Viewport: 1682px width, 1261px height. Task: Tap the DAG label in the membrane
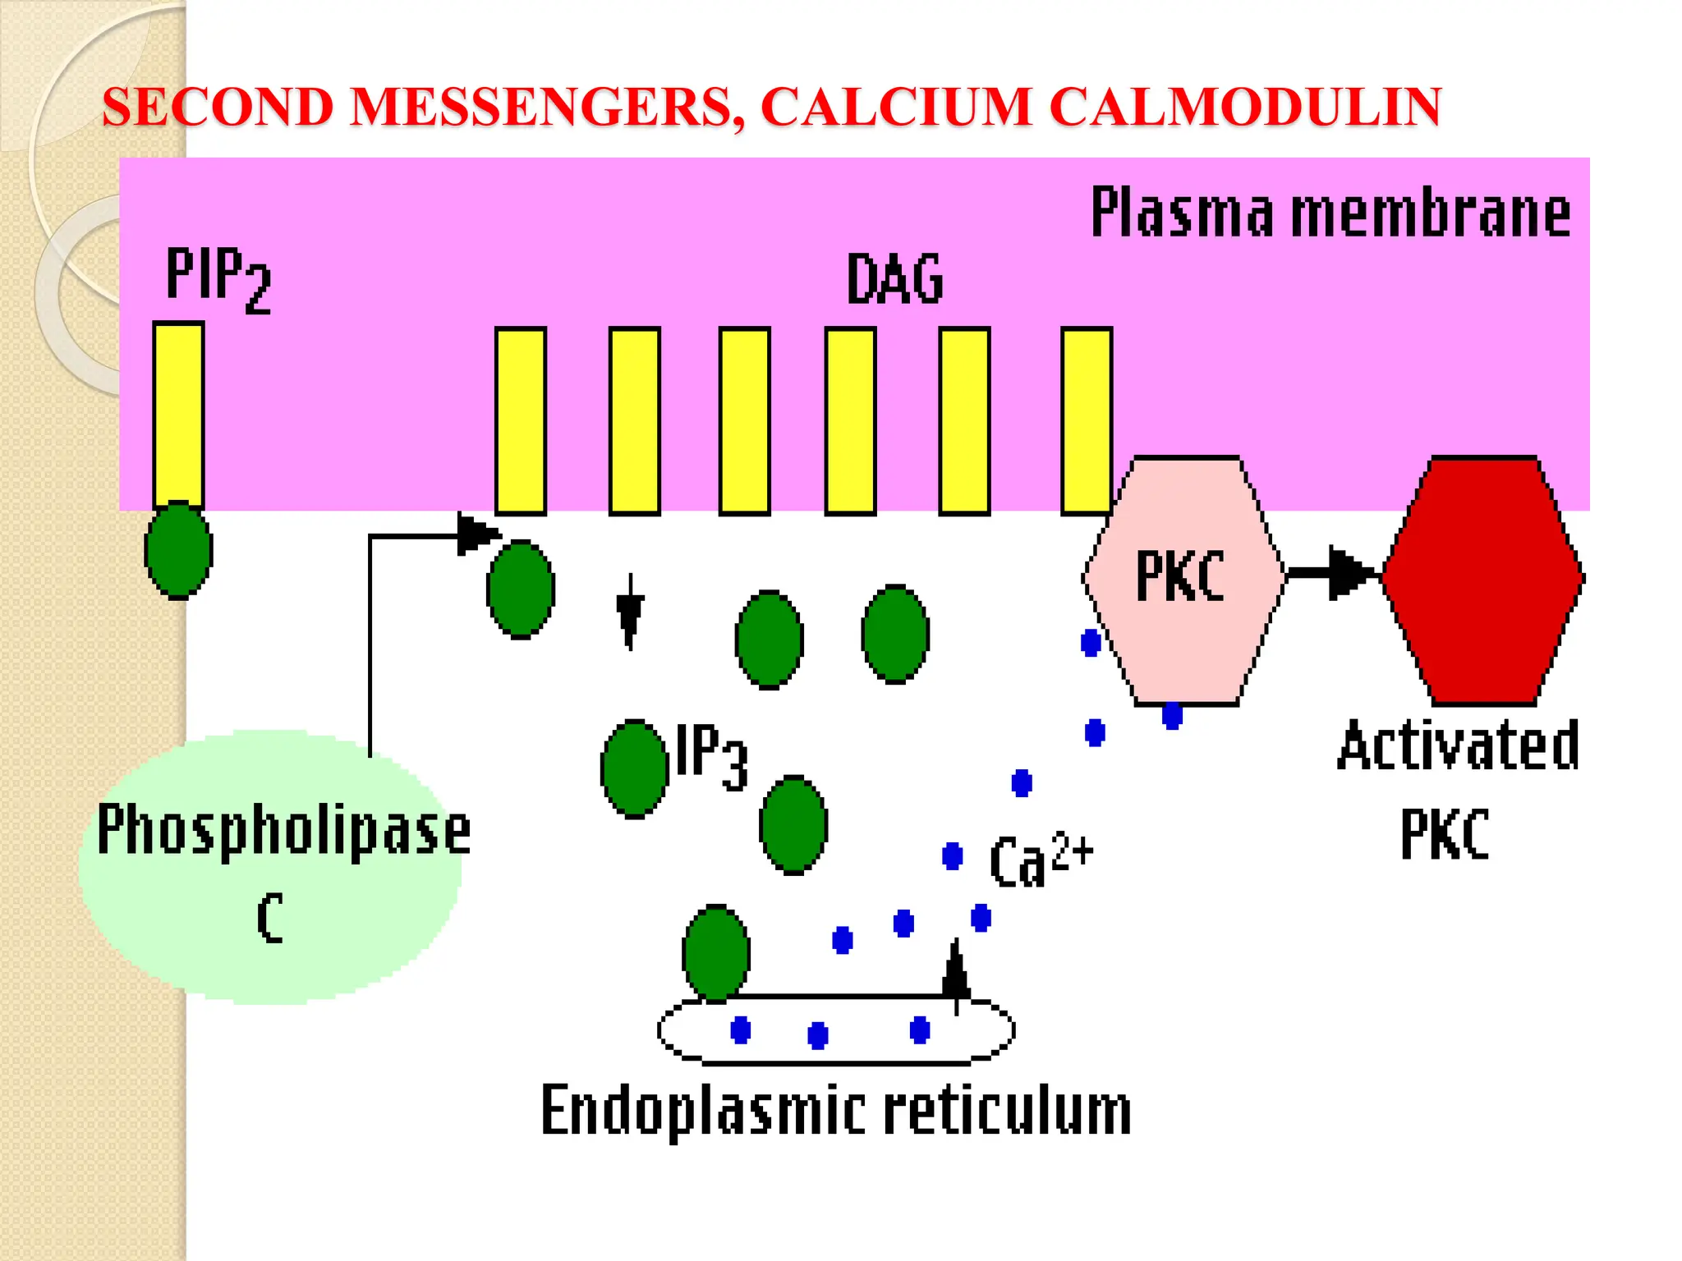[x=894, y=279]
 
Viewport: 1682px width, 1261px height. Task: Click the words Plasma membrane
[x=1330, y=213]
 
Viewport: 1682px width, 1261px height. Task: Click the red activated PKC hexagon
[x=1483, y=580]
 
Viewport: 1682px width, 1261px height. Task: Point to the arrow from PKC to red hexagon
[x=1335, y=572]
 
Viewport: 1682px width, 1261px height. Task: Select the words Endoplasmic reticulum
[x=835, y=1110]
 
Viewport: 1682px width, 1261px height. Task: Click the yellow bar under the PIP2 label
[x=178, y=415]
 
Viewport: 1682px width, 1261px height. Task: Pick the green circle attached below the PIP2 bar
[x=178, y=550]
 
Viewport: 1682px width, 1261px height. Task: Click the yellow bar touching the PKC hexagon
[x=1086, y=420]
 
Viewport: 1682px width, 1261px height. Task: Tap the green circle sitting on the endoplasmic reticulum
[x=716, y=953]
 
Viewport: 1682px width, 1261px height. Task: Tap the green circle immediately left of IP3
[x=634, y=768]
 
